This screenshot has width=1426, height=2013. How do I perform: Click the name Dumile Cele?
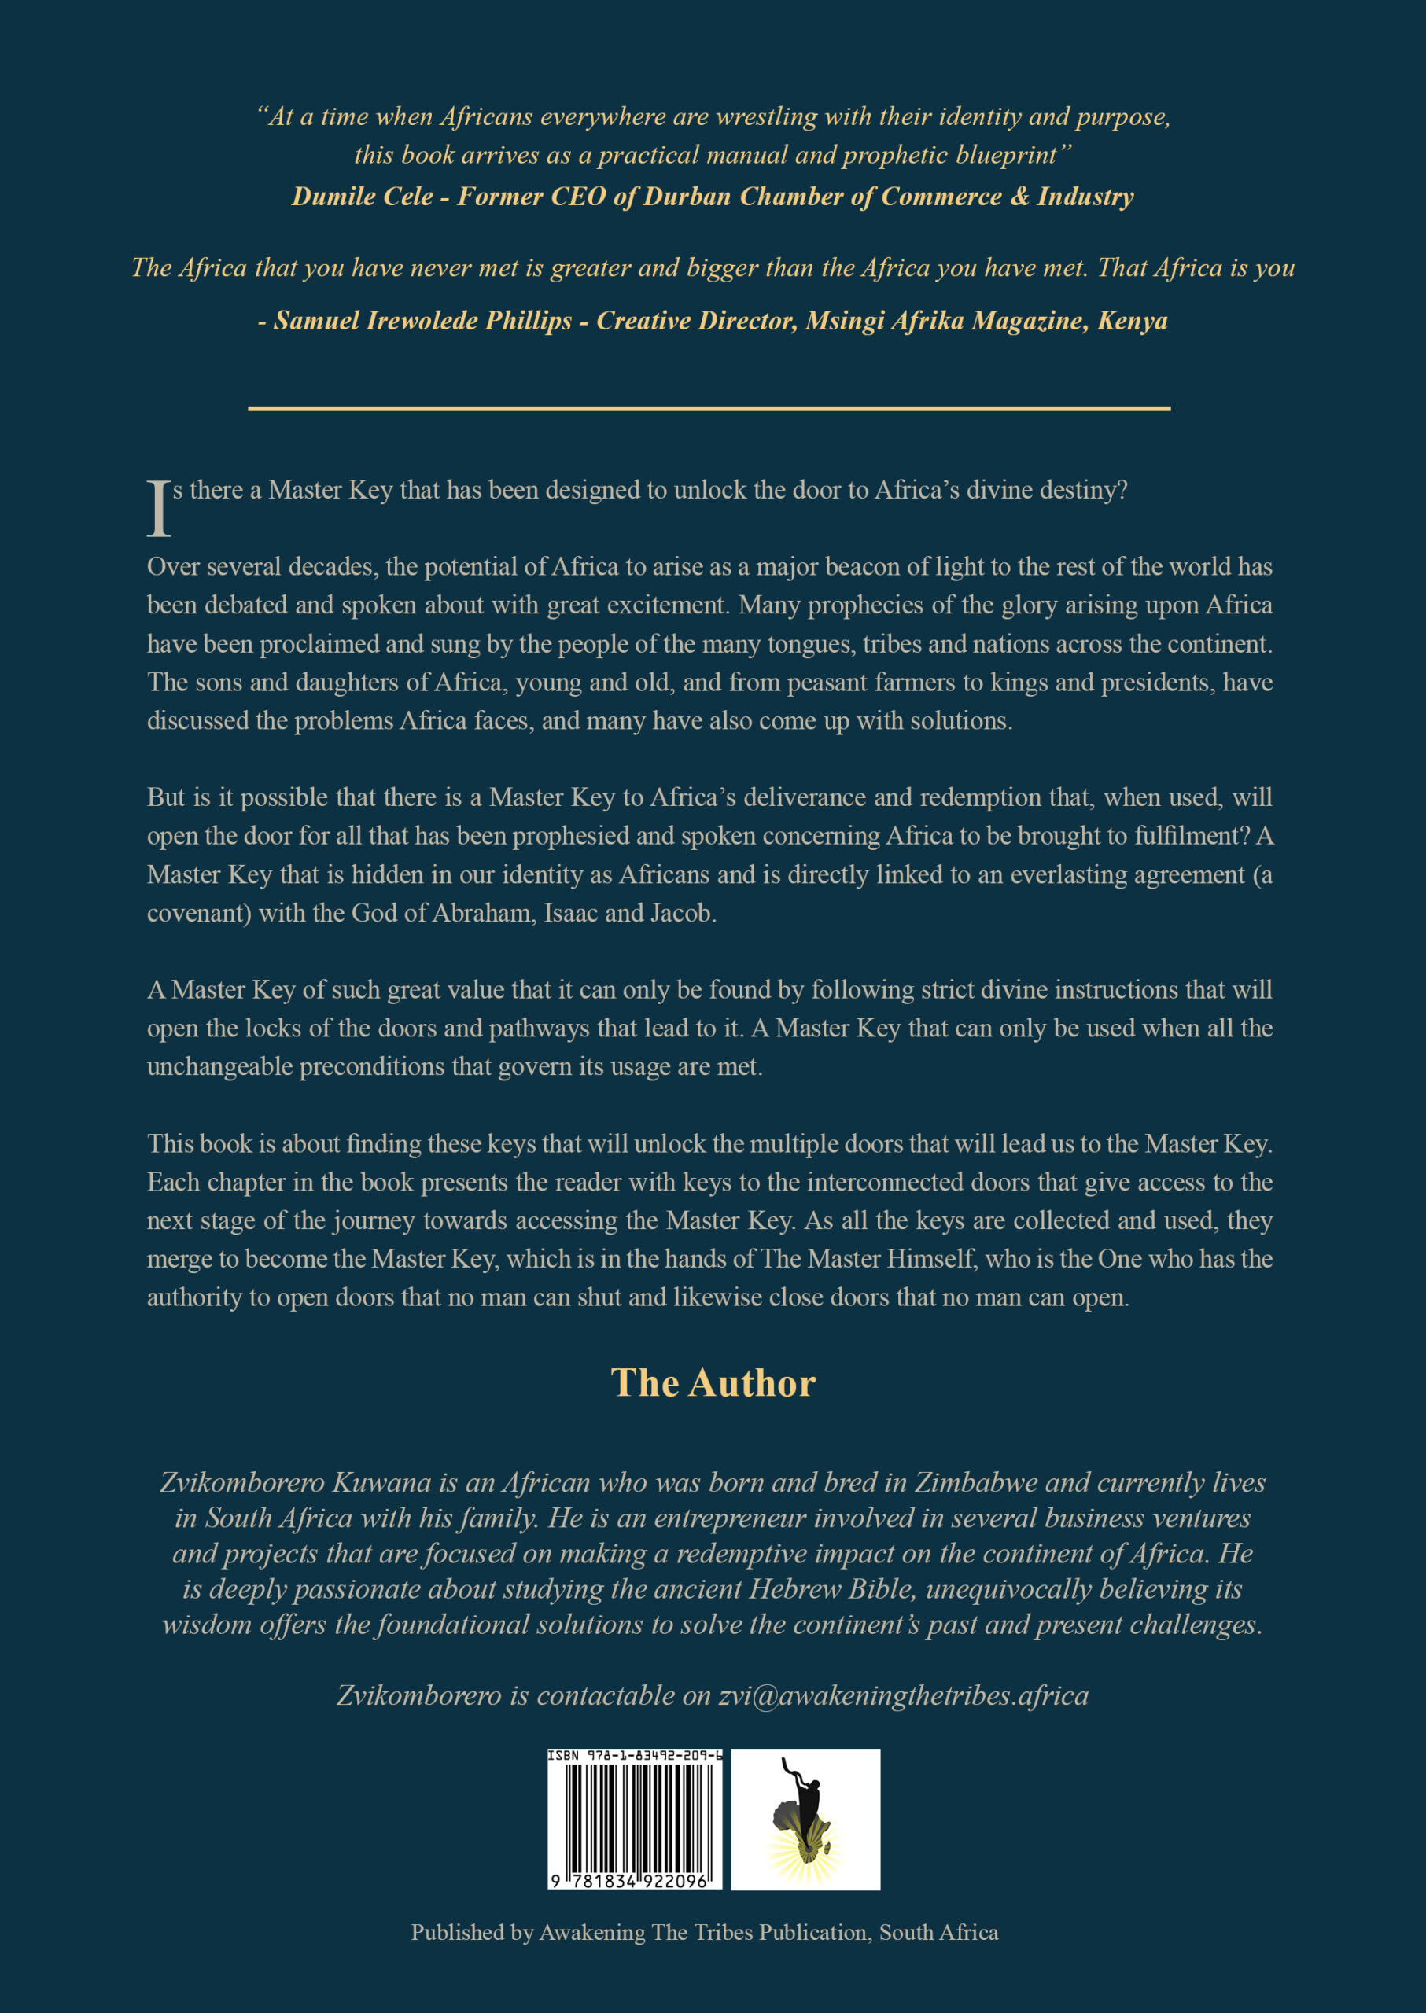[x=362, y=197]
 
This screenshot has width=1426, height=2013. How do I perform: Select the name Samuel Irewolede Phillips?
[x=422, y=322]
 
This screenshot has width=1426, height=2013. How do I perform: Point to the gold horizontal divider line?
[x=709, y=408]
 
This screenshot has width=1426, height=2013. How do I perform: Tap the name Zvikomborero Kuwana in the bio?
[x=296, y=1483]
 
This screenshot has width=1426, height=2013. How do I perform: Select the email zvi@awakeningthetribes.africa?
[x=904, y=1695]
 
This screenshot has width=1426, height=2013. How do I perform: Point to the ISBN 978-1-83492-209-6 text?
[x=635, y=1756]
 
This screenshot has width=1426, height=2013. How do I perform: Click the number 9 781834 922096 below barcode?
[x=635, y=1882]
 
